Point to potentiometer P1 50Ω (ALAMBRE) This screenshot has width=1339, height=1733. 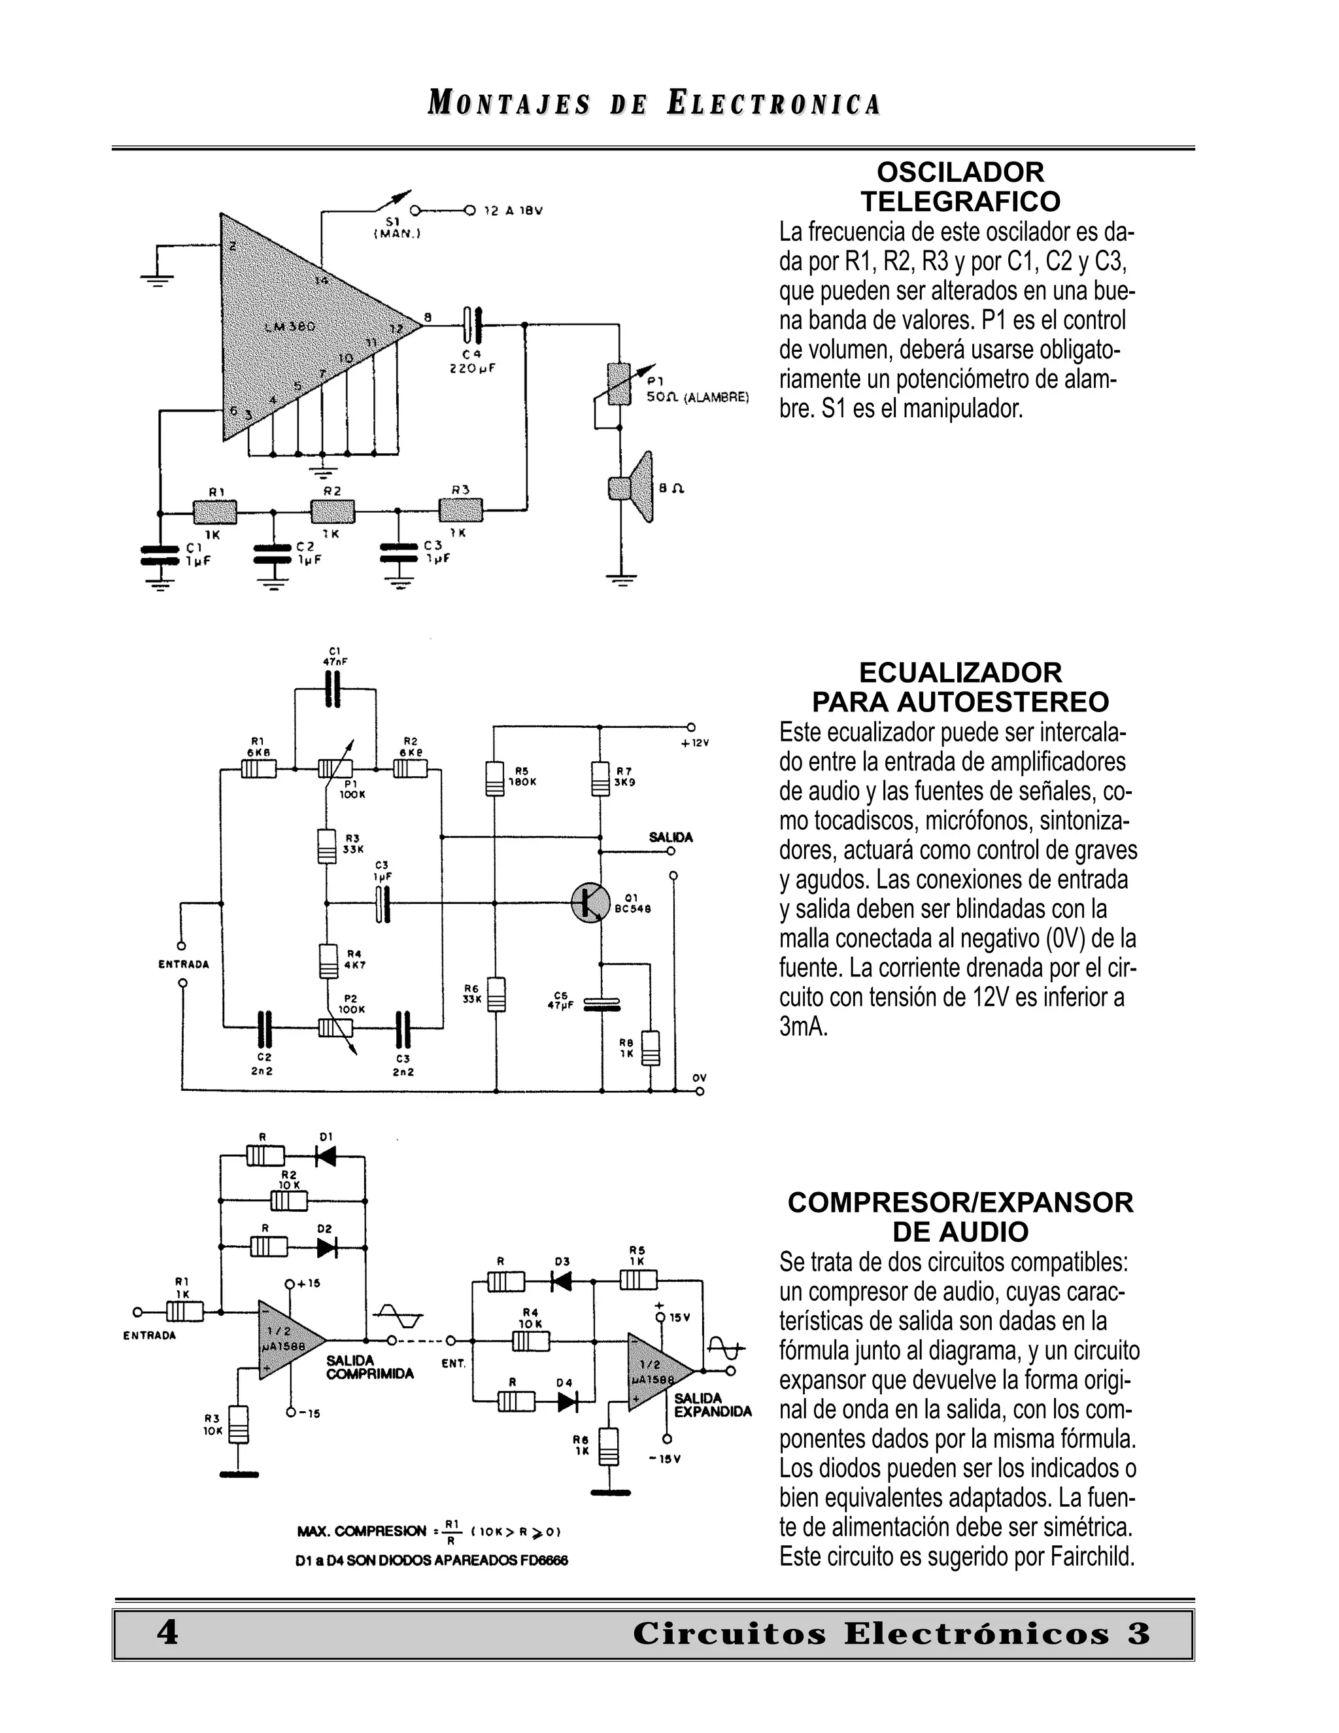(x=618, y=384)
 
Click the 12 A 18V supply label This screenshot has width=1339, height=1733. (x=513, y=211)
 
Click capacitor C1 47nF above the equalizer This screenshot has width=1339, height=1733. (x=334, y=689)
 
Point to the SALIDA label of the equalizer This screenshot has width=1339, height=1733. (x=670, y=837)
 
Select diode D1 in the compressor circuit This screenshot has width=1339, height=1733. (x=325, y=1157)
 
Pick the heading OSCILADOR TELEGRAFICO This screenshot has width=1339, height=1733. (x=960, y=186)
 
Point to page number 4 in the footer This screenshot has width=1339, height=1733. (x=167, y=1633)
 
